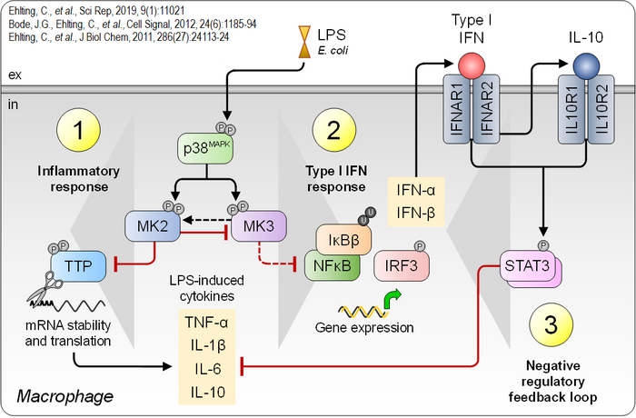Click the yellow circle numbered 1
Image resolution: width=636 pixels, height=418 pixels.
[79, 133]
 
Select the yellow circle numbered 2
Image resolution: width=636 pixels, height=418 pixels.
[335, 133]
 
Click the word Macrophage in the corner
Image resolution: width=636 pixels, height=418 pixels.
[65, 396]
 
